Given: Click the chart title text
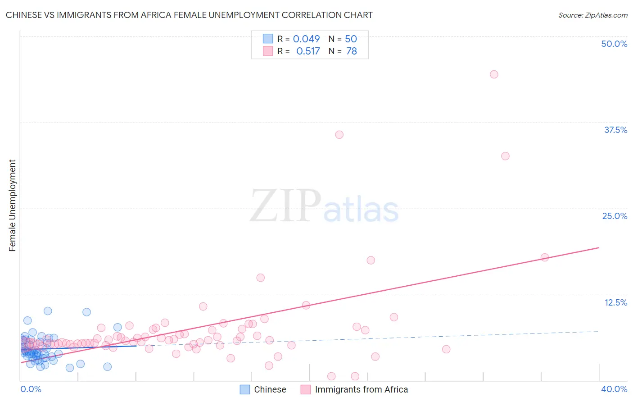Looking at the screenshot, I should pos(189,15).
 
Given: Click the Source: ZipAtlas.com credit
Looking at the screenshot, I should pos(592,15).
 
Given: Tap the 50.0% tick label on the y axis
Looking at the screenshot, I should pos(614,44).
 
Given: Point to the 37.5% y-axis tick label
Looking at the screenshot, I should pos(615,130).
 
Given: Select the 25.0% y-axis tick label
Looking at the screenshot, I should pos(615,216).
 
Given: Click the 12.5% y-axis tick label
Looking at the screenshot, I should pos(615,302).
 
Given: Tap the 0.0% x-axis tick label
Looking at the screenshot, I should pos(31,389).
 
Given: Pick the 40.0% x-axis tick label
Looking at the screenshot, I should pos(614,389).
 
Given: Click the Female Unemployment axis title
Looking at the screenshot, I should pos(12,206).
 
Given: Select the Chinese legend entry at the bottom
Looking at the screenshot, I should pos(263,389).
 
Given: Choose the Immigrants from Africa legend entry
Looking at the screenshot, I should pos(355,389).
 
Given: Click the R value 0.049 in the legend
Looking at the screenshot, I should pos(306,39).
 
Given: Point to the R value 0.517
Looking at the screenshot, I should pos(308,51).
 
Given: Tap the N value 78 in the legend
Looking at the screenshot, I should pos(351,51).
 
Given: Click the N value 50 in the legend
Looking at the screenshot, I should pos(351,39).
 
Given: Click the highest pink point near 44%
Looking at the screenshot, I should pos(494,74).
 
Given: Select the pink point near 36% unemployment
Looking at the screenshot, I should pos(339,135).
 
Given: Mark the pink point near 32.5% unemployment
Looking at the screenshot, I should pos(505,156).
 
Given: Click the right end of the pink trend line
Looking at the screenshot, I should pos(598,248).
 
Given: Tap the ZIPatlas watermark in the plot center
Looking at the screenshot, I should pos(324,206).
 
